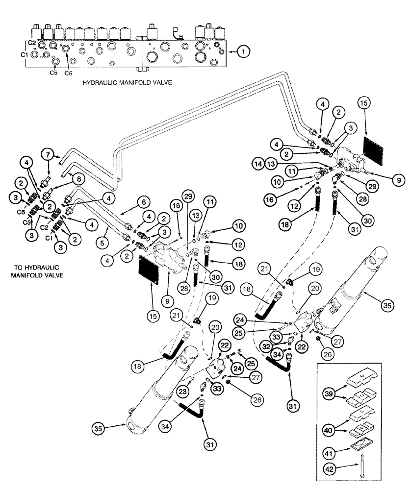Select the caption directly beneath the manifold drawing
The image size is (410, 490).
click(127, 83)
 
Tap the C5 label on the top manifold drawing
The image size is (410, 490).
click(53, 72)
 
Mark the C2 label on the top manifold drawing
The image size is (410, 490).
click(31, 43)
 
